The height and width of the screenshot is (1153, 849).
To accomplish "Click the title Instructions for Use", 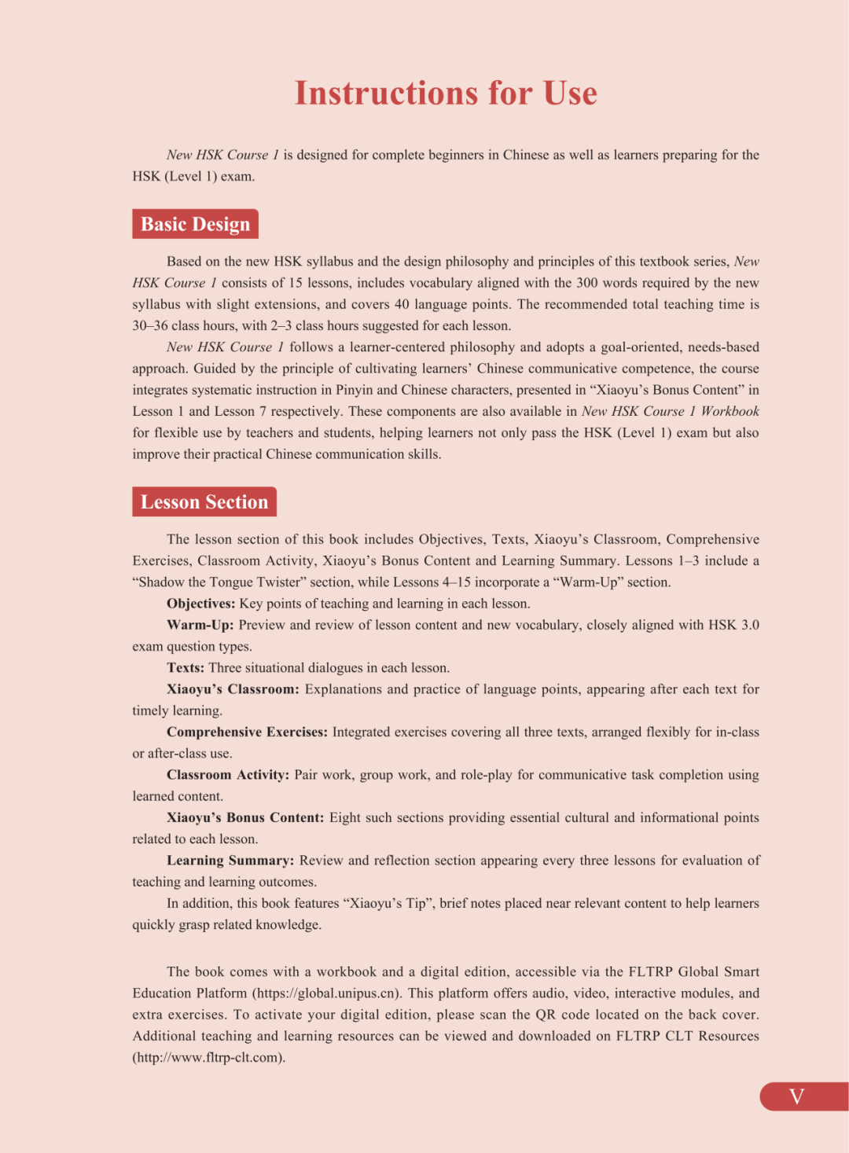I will pyautogui.click(x=446, y=93).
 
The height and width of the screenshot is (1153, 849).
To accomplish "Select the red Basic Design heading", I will pyautogui.click(x=195, y=224).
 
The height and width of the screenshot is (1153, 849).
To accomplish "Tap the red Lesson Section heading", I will pyautogui.click(x=204, y=501).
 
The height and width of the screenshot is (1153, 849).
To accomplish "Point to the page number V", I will pyautogui.click(x=796, y=1096).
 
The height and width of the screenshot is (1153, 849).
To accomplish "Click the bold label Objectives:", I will pyautogui.click(x=200, y=604).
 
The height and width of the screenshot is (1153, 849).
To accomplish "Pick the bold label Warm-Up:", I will pyautogui.click(x=200, y=625).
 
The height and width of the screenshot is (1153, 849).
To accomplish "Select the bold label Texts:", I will pyautogui.click(x=186, y=668).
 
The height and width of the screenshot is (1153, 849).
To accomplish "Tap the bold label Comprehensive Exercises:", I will pyautogui.click(x=247, y=732).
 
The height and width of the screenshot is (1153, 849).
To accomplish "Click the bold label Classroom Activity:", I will pyautogui.click(x=228, y=775).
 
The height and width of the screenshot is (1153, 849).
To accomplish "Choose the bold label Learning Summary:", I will pyautogui.click(x=230, y=861).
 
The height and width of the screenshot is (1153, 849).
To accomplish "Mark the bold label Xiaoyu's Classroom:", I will pyautogui.click(x=233, y=689).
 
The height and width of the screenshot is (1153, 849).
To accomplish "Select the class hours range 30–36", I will pyautogui.click(x=149, y=325).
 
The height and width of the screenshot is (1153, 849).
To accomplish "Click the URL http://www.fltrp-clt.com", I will pyautogui.click(x=208, y=1058).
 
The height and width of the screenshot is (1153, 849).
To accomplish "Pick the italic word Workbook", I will pyautogui.click(x=730, y=411).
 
